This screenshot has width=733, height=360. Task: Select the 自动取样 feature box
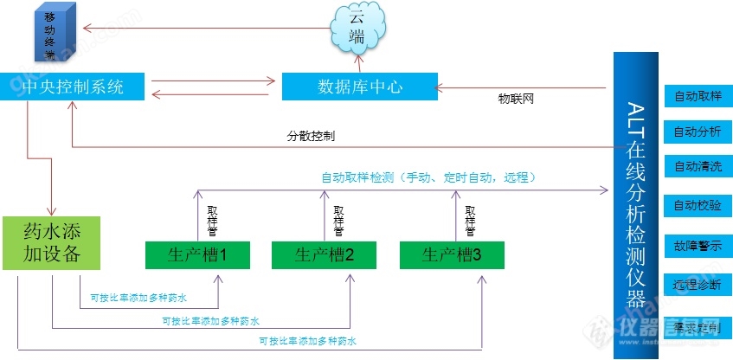click(x=697, y=95)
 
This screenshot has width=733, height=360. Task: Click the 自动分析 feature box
click(x=697, y=132)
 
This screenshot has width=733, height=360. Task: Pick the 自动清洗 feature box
click(x=697, y=166)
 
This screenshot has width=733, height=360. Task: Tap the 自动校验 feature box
click(x=697, y=205)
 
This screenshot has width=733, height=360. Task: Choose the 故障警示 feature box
click(x=697, y=246)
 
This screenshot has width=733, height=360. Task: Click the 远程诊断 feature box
click(x=697, y=285)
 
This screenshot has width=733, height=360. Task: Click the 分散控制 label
click(x=312, y=137)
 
